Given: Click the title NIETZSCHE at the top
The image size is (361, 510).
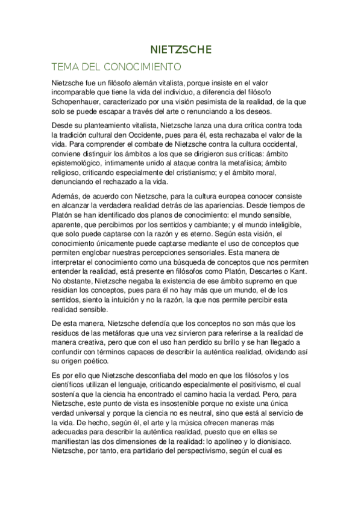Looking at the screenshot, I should pos(181,51).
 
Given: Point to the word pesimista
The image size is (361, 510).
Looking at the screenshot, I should pos(187,103).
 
